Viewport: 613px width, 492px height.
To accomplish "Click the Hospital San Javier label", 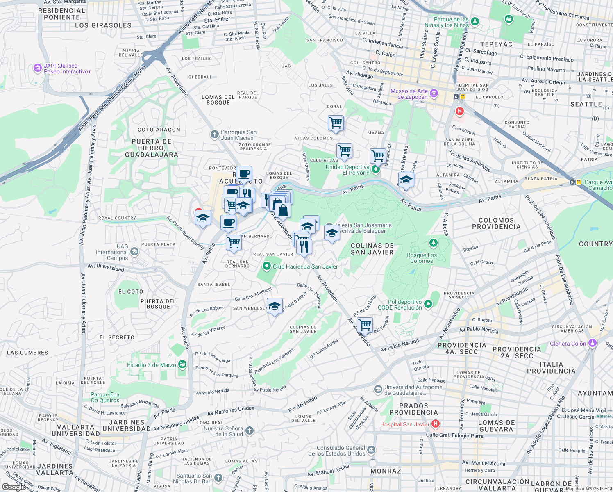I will tap(404, 424).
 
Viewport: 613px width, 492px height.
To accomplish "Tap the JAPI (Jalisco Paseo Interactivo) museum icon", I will tap(38, 68).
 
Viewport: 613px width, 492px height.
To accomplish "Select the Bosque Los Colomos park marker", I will tap(433, 244).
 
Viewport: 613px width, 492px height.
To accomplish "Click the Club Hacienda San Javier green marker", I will tap(267, 266).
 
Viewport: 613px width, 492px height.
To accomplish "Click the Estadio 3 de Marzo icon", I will tap(182, 364).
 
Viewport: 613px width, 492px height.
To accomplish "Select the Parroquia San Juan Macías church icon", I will tap(214, 134).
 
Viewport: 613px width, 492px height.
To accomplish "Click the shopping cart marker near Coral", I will tap(336, 123).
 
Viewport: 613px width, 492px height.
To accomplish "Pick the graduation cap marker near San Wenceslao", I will tap(275, 306).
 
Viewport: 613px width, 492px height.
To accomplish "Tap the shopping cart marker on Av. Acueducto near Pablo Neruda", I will tap(364, 325).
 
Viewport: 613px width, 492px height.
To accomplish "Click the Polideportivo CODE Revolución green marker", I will tap(428, 304).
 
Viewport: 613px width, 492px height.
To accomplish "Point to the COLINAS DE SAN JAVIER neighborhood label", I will tap(372, 249).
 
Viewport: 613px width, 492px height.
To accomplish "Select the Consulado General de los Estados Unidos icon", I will tap(371, 450).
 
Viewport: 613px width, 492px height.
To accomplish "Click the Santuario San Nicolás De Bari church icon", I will tap(218, 478).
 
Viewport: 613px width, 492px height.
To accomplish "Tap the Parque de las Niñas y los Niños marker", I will tap(475, 21).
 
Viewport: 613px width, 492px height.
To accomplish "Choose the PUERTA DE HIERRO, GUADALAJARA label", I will tap(152, 148).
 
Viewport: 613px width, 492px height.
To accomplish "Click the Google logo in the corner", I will tap(13, 487).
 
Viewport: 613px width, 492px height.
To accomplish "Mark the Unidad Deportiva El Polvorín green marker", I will tap(375, 169).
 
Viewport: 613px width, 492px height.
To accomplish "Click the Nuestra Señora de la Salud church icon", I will tap(250, 431).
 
